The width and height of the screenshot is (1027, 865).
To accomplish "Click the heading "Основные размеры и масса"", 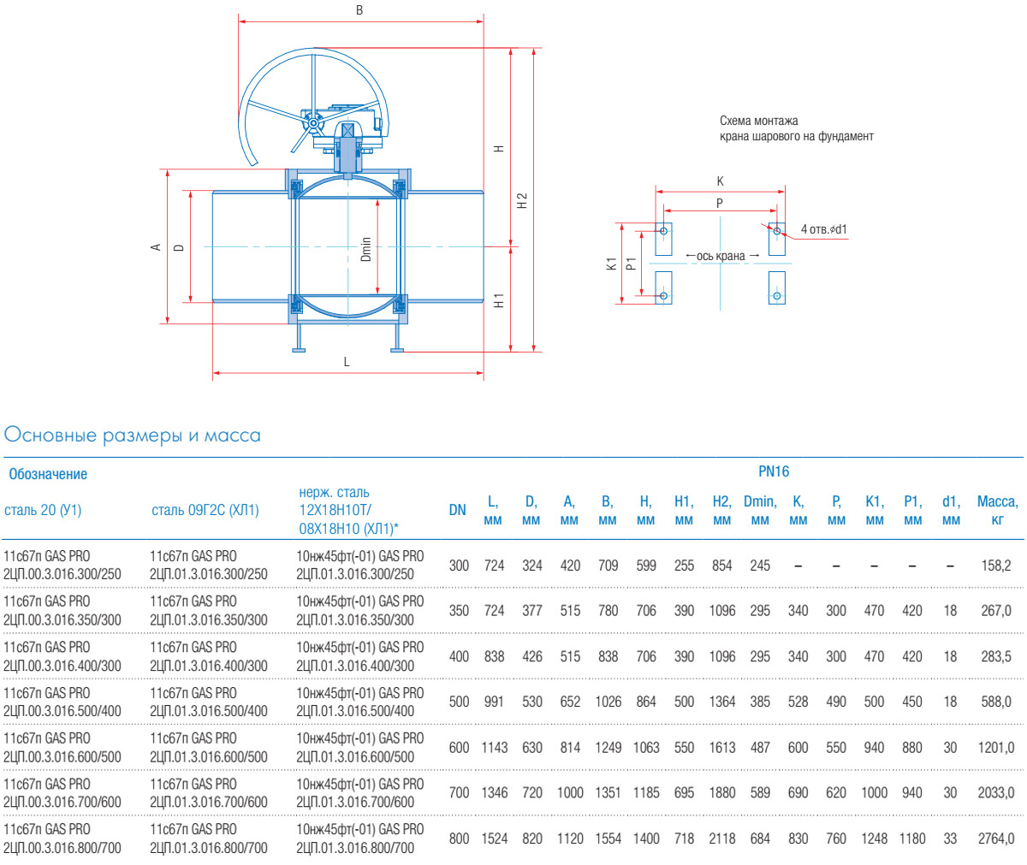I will tap(133, 435).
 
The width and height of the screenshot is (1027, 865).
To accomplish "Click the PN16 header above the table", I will tap(774, 471).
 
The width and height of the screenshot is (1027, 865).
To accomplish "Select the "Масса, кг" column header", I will tap(997, 510).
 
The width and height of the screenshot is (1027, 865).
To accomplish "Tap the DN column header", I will tap(458, 510).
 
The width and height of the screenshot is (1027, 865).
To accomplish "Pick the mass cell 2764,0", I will tap(996, 838).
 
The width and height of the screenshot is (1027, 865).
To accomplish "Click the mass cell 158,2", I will tap(996, 566).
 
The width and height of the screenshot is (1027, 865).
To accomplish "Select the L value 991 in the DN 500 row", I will tap(494, 702).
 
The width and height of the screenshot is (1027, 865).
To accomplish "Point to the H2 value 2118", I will tap(721, 838).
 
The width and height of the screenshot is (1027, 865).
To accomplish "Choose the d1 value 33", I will tap(950, 838).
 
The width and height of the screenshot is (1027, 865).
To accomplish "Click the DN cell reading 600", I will tap(459, 747).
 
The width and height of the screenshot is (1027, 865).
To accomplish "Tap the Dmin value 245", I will tap(760, 566).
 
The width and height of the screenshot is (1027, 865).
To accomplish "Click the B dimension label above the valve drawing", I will tap(359, 10).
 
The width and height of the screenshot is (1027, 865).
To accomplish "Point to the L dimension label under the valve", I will tap(347, 362).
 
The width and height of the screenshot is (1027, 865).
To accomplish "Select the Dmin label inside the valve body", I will tap(366, 249).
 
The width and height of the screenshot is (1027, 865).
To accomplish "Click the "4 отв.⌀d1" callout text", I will tap(824, 229).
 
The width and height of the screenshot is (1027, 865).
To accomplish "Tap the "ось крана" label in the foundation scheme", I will tap(721, 256).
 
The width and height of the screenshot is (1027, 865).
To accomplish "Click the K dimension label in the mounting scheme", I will tap(721, 181).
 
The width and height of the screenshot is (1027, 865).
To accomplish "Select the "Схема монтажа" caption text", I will tap(759, 121).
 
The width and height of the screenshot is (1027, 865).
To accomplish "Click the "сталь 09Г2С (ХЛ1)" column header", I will tap(205, 510).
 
